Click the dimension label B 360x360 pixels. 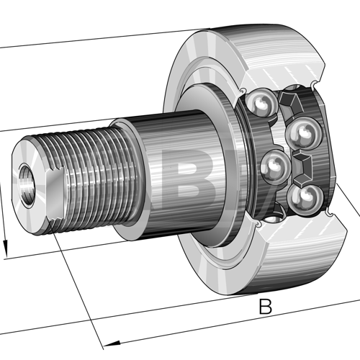(x=266, y=307)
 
